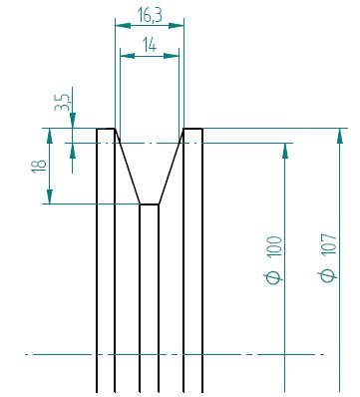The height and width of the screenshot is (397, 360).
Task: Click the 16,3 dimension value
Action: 150,15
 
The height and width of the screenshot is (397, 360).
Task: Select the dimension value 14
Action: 150,45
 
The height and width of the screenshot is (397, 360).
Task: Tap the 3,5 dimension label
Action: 63,103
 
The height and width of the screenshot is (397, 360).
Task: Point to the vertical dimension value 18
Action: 39,166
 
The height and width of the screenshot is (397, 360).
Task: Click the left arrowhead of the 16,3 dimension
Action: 123,26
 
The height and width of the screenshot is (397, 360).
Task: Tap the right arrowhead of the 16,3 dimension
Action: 177,26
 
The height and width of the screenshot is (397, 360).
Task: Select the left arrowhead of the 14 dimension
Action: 128,56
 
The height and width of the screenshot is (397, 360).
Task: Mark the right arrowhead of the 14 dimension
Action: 172,56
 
